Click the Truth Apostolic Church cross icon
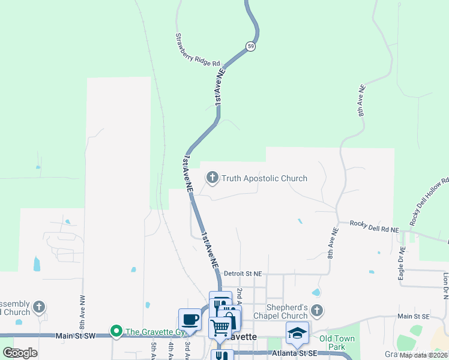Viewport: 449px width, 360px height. pyautogui.click(x=212, y=178)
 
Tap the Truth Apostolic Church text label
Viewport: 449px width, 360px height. pyautogui.click(x=264, y=178)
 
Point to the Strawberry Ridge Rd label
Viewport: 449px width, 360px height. pyautogui.click(x=198, y=50)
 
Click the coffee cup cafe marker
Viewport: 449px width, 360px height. pyautogui.click(x=190, y=319)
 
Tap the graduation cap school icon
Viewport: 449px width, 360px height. pyautogui.click(x=297, y=332)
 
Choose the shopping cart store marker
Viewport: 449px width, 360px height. pyautogui.click(x=220, y=328)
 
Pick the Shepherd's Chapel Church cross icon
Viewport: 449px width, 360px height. pyautogui.click(x=318, y=310)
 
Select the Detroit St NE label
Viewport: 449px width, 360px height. pyautogui.click(x=243, y=274)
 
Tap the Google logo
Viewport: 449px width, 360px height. pyautogui.click(x=20, y=353)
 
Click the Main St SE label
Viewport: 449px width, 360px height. pyautogui.click(x=413, y=316)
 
